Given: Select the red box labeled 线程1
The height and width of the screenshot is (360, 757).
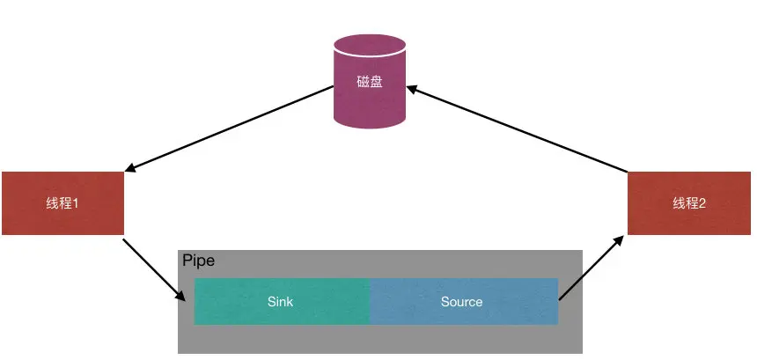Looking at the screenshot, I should [x=62, y=202].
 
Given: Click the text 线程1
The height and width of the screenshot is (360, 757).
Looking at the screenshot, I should [x=62, y=203].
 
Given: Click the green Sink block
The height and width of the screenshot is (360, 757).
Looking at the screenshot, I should [x=282, y=301].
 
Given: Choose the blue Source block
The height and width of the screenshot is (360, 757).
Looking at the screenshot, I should [x=464, y=301].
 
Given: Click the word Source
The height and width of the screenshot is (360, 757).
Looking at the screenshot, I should [x=461, y=301].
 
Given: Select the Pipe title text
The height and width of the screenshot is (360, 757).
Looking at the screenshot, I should [x=198, y=261].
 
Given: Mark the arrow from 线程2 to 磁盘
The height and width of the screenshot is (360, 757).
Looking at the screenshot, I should [x=519, y=128].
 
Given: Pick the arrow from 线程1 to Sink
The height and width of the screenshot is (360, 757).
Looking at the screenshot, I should [x=157, y=269].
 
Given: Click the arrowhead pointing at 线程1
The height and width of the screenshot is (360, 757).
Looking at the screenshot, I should [x=131, y=170].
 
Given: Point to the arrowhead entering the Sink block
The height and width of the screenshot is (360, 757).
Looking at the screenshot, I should [x=186, y=298].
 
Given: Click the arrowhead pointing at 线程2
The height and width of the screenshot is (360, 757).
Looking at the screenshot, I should [x=621, y=236].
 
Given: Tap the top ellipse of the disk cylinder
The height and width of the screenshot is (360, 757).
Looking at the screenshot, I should [x=369, y=45].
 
